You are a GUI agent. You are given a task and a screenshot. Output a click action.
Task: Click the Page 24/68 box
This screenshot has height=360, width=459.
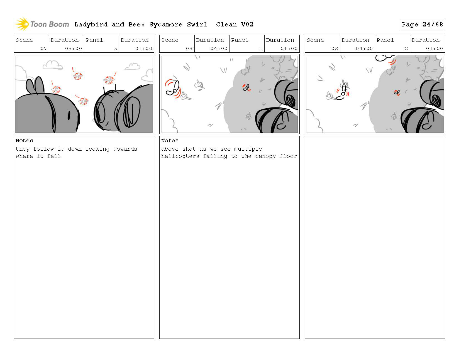pyautogui.click(x=422, y=25)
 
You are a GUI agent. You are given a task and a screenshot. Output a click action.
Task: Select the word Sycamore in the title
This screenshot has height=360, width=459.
pyautogui.click(x=166, y=25)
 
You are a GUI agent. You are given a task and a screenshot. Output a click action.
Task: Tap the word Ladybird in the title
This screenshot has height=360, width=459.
pyautogui.click(x=91, y=25)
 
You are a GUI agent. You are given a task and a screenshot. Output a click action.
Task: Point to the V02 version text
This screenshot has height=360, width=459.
pyautogui.click(x=247, y=25)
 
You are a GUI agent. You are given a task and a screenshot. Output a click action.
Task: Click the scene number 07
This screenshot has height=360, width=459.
pyautogui.click(x=44, y=48)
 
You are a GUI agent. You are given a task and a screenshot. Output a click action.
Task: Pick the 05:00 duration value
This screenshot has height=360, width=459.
pyautogui.click(x=74, y=48)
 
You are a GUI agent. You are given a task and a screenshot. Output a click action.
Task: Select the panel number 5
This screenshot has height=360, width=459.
pyautogui.click(x=116, y=48)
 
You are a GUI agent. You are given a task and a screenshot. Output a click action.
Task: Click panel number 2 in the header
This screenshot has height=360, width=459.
pyautogui.click(x=406, y=48)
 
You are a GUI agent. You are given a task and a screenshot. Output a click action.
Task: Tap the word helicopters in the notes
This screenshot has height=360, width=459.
pyautogui.click(x=180, y=156)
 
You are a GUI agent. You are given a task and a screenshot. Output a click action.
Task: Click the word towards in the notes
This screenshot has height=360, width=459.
pyautogui.click(x=125, y=149)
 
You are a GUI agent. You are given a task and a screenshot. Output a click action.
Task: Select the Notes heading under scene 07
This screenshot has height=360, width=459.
pyautogui.click(x=24, y=141)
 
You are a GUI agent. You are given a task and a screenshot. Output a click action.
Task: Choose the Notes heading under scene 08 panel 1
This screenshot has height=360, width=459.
pyautogui.click(x=170, y=141)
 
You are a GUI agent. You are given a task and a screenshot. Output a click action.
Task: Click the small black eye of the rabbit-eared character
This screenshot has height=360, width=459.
pyautogui.click(x=69, y=116)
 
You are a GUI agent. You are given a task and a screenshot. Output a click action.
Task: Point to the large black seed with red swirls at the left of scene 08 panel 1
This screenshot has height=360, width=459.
pyautogui.click(x=173, y=89)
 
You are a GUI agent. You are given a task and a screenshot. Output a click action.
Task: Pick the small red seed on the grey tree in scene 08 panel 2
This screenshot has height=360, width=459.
pyautogui.click(x=397, y=93)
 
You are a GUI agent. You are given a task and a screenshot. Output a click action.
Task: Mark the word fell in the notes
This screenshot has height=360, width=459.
pyautogui.click(x=54, y=156)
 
